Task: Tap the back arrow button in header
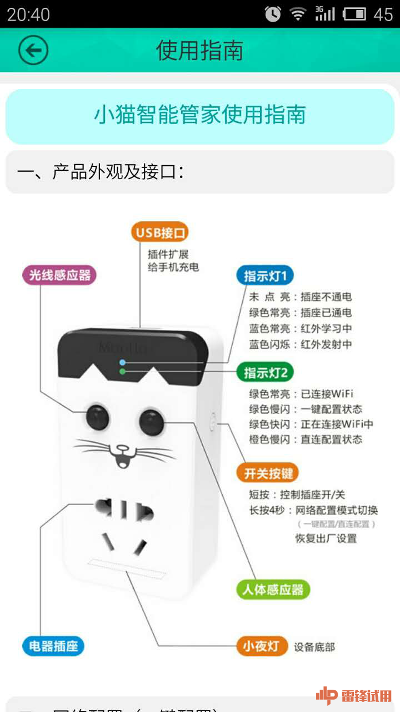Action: click(33, 51)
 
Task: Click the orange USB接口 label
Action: click(160, 231)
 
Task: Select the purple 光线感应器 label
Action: click(59, 275)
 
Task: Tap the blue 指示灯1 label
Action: click(265, 276)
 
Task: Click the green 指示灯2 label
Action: click(265, 372)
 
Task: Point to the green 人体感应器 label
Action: click(272, 590)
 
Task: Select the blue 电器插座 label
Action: click(53, 646)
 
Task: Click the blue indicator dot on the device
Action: click(122, 362)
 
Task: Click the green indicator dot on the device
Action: click(122, 372)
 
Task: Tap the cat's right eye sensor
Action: click(151, 422)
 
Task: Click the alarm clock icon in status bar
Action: click(273, 14)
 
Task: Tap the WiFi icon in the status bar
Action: click(298, 14)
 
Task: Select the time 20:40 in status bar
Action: click(28, 14)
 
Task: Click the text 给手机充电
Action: click(173, 267)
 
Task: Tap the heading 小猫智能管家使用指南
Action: click(200, 115)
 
